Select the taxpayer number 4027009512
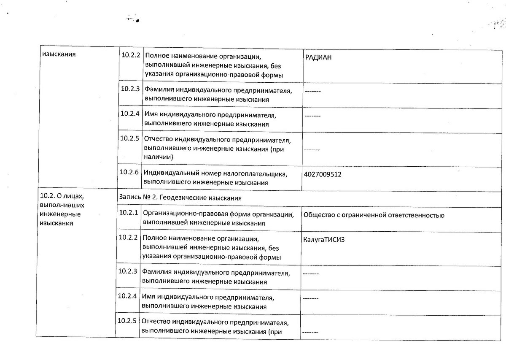[x=322, y=174]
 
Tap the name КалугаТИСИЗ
[x=321, y=240]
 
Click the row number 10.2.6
[x=129, y=172]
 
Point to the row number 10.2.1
[x=128, y=212]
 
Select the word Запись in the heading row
[x=129, y=198]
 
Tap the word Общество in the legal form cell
[x=317, y=215]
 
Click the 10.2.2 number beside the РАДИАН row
[x=130, y=55]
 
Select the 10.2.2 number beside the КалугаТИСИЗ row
[x=128, y=237]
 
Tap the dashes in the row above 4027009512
[x=312, y=150]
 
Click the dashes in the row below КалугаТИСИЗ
[x=311, y=274]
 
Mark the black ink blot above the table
[x=137, y=20]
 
